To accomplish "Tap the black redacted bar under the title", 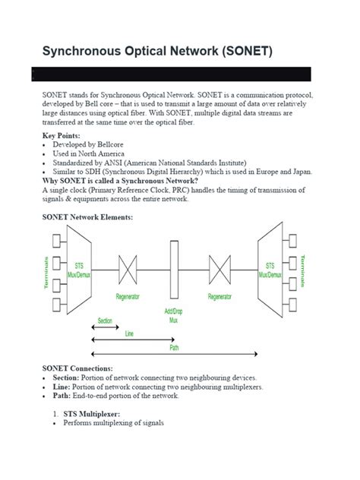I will coord(171,74).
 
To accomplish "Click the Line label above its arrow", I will coord(130,333).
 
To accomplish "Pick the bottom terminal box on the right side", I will coord(293,305).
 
